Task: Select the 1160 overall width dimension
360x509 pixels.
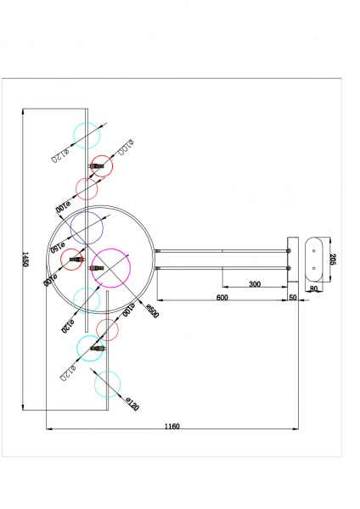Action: coord(172,427)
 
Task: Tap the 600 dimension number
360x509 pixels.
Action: coord(222,298)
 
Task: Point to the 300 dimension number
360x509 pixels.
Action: coord(255,284)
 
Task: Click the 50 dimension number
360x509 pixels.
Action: coord(293,298)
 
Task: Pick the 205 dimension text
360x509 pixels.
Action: coord(334,260)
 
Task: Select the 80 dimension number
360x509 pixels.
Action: coord(314,289)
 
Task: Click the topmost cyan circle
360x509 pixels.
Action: coord(87,134)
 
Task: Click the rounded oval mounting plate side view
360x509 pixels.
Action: coord(314,259)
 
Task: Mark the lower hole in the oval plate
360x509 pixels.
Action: coord(314,269)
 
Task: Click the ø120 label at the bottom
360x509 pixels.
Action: coord(131,406)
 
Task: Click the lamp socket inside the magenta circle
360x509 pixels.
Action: coord(96,268)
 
